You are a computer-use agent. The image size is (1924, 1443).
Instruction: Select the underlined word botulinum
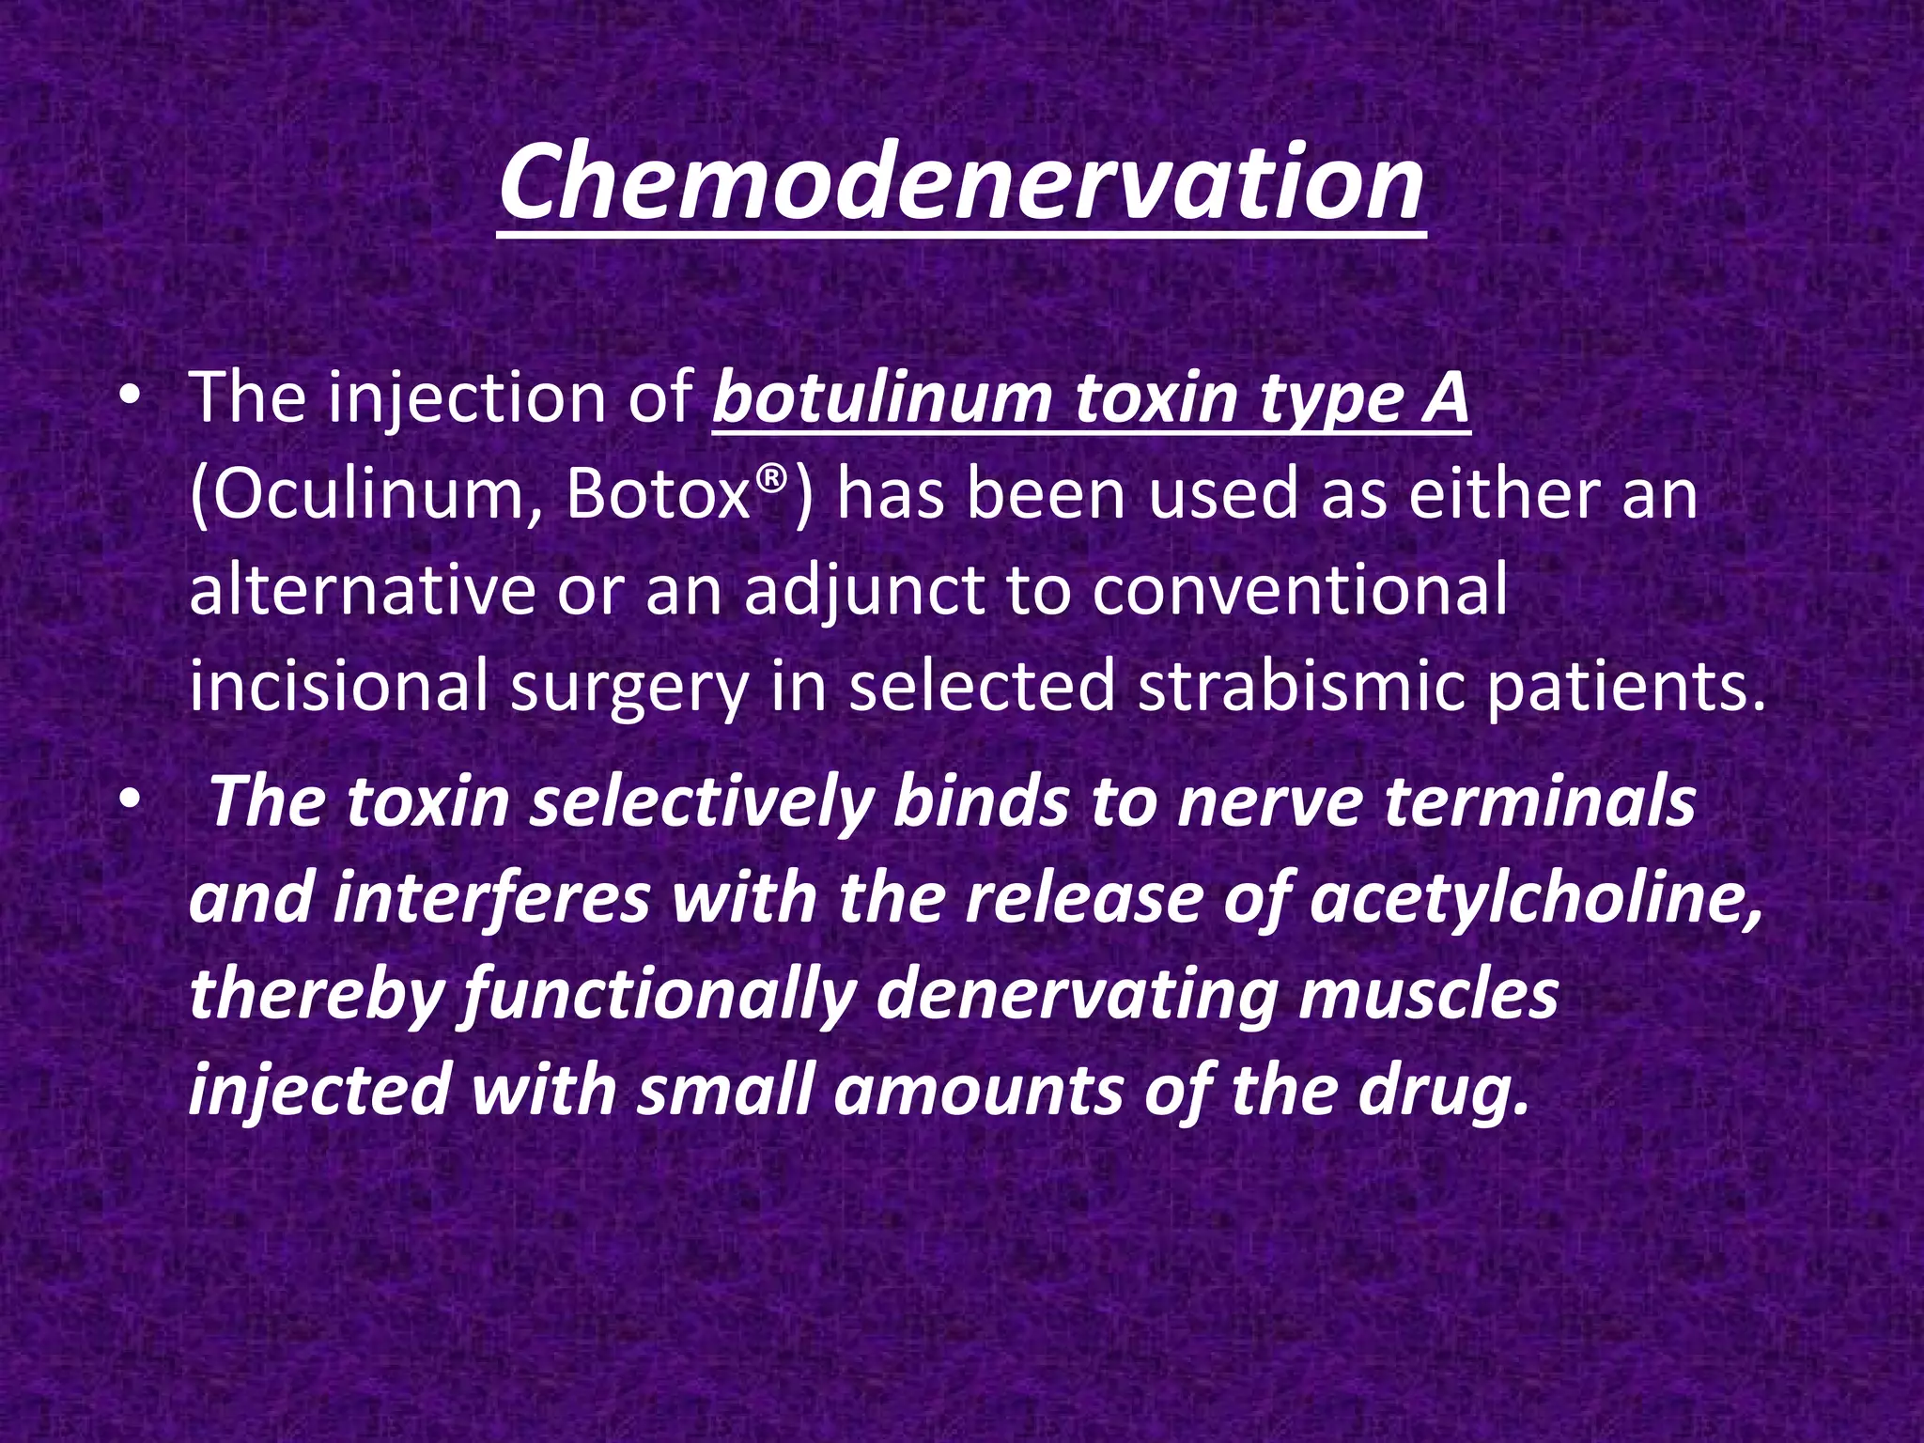pos(882,398)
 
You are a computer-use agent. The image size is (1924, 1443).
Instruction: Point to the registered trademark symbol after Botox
pos(770,479)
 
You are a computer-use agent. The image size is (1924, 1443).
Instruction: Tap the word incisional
pos(338,687)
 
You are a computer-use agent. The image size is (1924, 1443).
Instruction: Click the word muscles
pos(1429,995)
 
